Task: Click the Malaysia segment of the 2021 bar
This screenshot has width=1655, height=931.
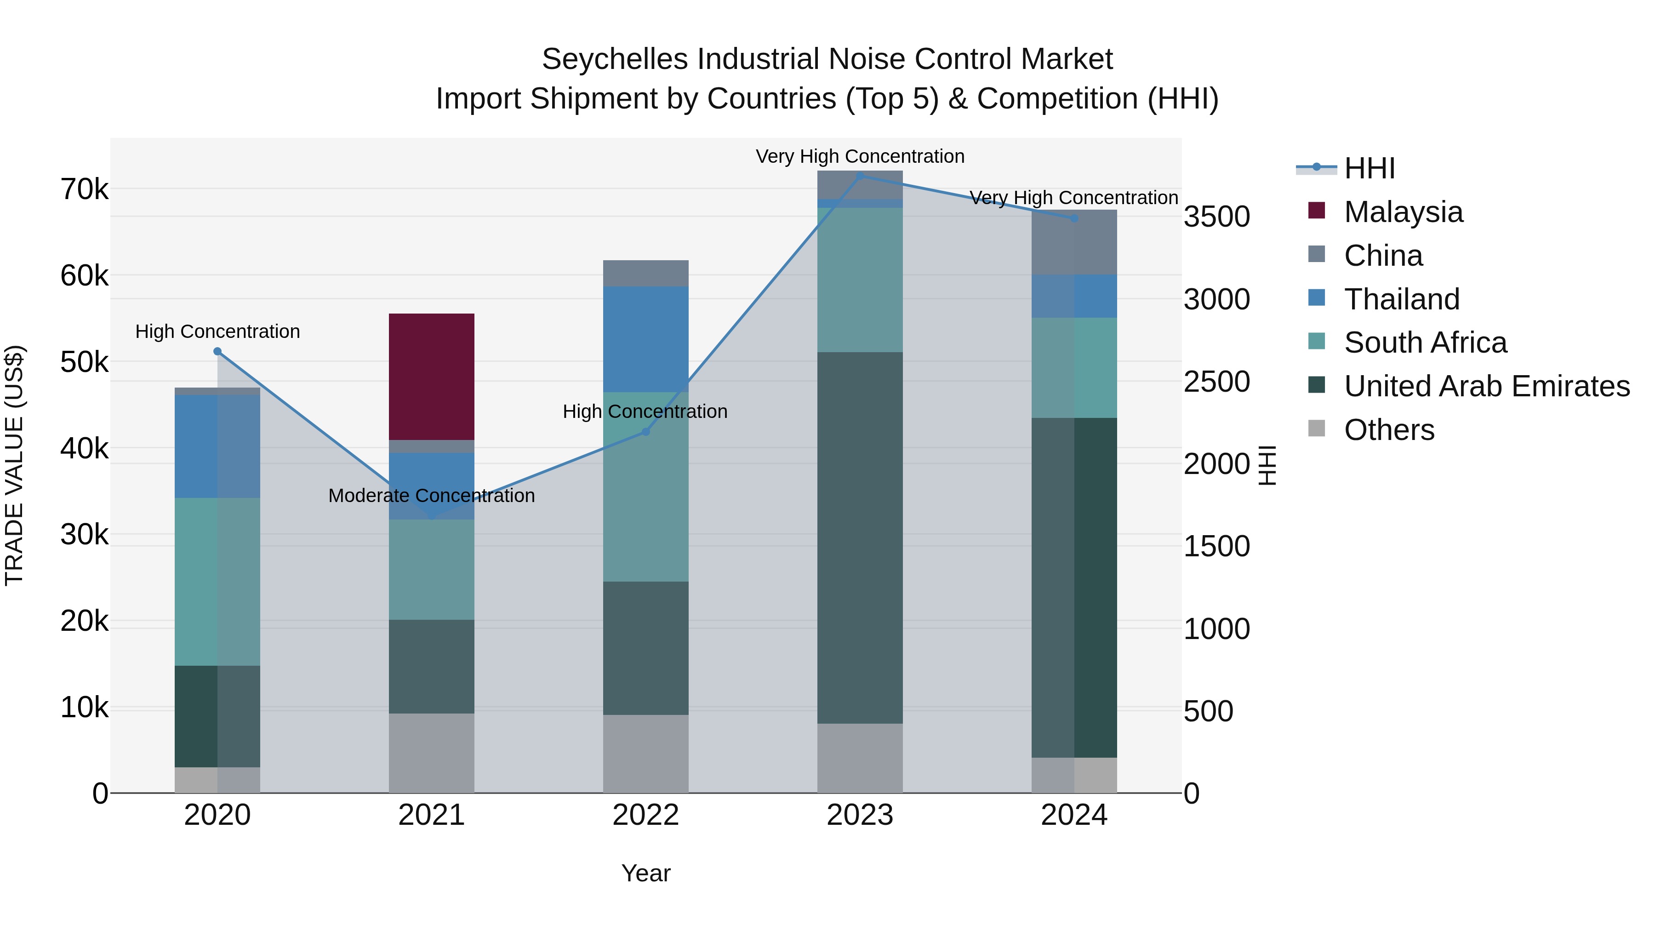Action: (431, 377)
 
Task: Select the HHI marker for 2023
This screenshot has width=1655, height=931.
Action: (860, 176)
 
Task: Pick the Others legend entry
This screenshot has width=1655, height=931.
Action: (1388, 430)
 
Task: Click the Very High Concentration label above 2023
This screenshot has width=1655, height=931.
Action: (860, 156)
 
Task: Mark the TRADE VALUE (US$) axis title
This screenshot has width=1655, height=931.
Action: (14, 465)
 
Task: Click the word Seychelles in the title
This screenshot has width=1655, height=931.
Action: (615, 59)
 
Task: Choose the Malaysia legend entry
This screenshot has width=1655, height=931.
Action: (1403, 212)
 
